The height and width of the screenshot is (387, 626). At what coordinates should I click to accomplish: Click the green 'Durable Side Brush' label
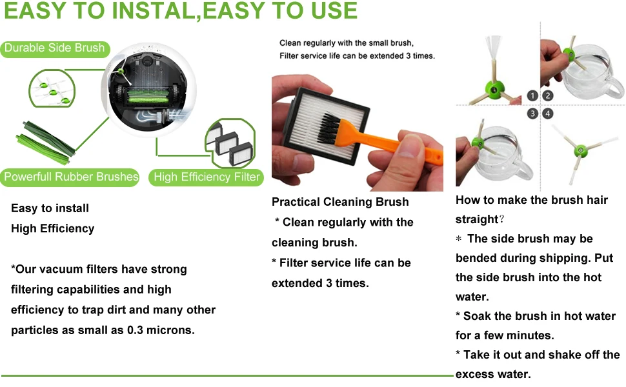click(55, 48)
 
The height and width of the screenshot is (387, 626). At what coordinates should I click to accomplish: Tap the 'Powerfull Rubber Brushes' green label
click(70, 177)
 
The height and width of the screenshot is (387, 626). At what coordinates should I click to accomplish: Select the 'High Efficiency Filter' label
click(206, 177)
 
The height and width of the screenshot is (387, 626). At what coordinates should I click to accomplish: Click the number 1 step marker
click(532, 95)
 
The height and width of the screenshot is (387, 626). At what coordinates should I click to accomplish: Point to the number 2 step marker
click(548, 95)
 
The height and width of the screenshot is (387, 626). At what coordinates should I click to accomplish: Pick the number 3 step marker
click(532, 114)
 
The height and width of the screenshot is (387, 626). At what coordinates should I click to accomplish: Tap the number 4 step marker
click(548, 114)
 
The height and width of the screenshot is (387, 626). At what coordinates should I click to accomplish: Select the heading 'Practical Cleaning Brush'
click(340, 202)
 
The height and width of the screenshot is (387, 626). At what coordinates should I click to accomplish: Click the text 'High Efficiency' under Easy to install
click(53, 228)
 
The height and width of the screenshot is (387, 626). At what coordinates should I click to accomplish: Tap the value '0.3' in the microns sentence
click(135, 330)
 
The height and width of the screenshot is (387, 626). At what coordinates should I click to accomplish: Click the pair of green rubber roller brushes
click(45, 143)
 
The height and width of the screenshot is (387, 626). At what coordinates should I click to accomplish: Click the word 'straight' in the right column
click(477, 219)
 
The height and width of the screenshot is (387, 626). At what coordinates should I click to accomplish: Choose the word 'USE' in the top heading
click(334, 11)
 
